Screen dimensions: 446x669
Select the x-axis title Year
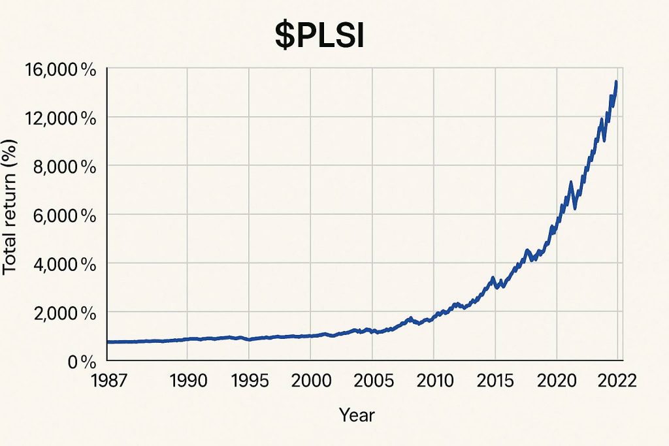pyautogui.click(x=357, y=414)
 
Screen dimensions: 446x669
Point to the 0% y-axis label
pyautogui.click(x=82, y=361)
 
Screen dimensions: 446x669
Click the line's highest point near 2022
pyautogui.click(x=616, y=82)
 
